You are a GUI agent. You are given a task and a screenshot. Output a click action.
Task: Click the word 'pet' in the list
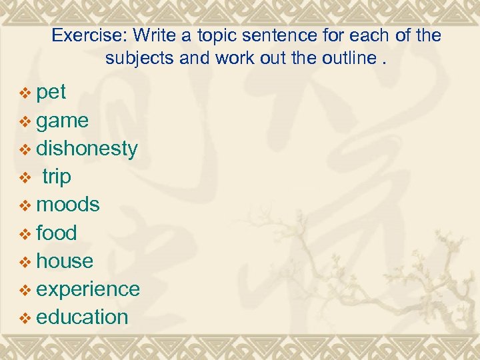click(x=51, y=93)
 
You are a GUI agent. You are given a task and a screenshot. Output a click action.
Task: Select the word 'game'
click(x=63, y=121)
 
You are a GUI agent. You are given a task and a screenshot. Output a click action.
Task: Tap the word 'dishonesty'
click(x=87, y=149)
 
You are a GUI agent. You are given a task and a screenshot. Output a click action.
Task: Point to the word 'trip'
click(x=57, y=177)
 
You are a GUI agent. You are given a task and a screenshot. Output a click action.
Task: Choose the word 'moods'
click(x=68, y=205)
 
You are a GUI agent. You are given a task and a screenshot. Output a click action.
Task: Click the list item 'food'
click(x=57, y=233)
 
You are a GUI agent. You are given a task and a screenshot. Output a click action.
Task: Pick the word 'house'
click(x=65, y=261)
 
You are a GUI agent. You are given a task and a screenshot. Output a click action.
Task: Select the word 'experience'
click(x=88, y=289)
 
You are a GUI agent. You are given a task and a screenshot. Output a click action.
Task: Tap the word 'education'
click(x=82, y=317)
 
